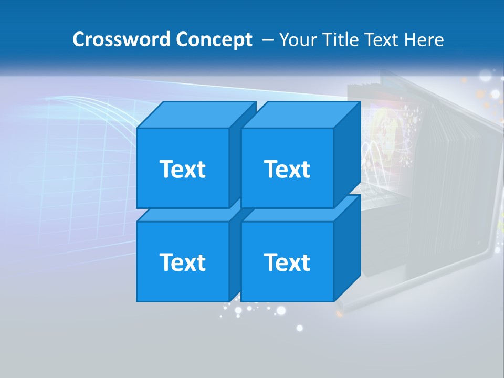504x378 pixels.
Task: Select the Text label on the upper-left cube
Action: (182, 169)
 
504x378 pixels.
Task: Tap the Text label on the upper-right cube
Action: (287, 169)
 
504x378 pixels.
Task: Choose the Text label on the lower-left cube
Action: (182, 262)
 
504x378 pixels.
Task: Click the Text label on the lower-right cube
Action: (287, 262)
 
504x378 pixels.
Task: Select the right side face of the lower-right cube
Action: (348, 247)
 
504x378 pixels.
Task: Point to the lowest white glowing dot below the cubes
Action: (300, 328)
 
